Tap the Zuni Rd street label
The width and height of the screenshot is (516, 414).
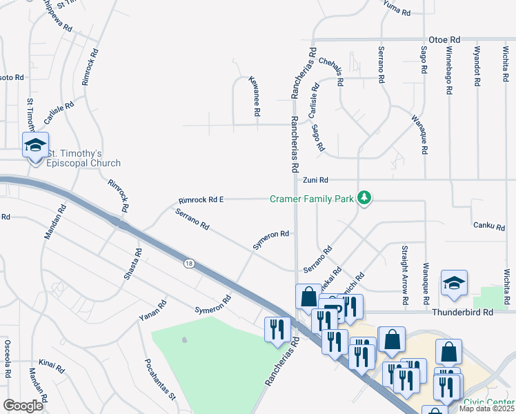tap(314, 180)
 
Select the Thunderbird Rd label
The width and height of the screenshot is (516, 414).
tap(464, 312)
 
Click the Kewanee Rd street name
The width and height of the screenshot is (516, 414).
tap(255, 95)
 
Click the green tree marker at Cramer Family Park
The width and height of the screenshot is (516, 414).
tap(364, 199)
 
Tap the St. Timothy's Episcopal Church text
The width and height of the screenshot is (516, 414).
tap(83, 158)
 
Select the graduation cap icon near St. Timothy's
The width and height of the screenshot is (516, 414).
tap(34, 145)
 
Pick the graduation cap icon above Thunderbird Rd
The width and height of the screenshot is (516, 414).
tap(455, 283)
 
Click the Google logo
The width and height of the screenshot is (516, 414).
tap(23, 405)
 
